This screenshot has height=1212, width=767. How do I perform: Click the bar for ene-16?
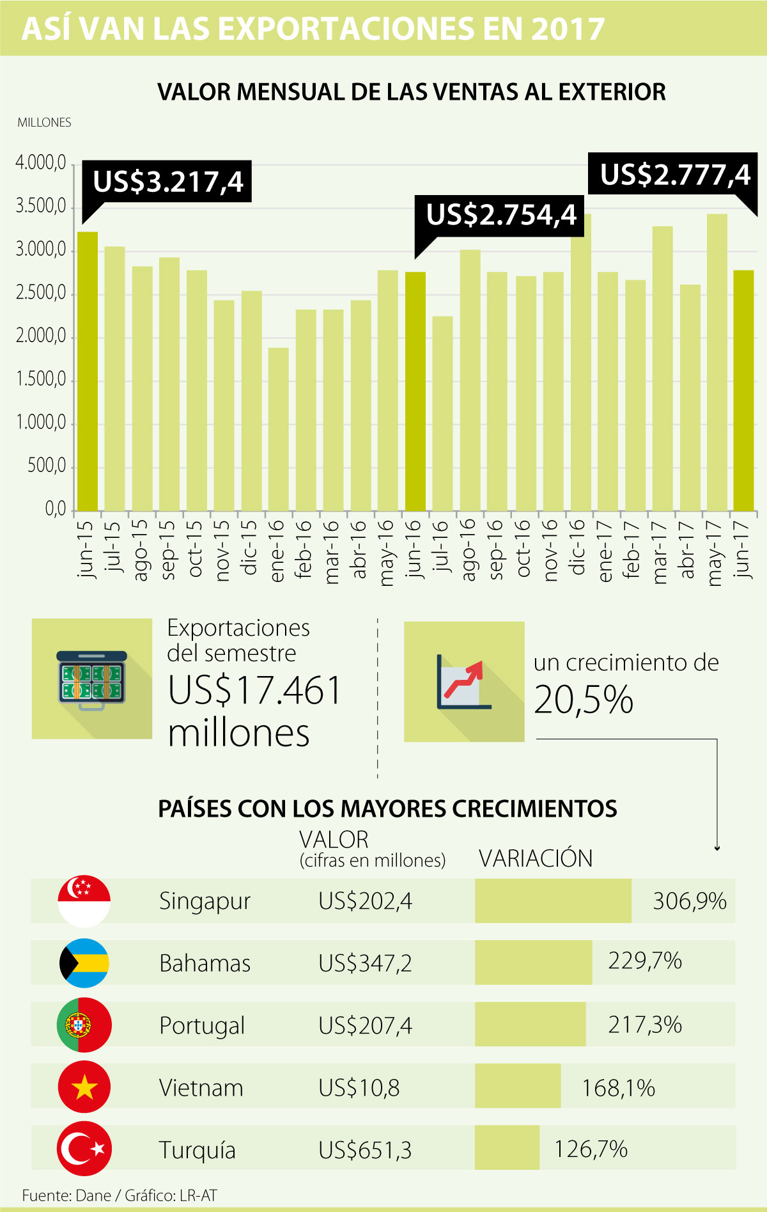[279, 429]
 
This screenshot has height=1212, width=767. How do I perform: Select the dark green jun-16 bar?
[415, 391]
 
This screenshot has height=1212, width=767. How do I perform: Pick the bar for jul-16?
[442, 413]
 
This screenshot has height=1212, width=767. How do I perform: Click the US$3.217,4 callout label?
[167, 182]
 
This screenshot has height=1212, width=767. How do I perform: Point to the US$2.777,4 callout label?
[674, 175]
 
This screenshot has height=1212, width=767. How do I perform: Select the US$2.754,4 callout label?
[501, 215]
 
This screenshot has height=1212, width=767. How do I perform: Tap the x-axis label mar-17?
[661, 551]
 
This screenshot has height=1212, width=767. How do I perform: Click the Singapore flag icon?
[84, 901]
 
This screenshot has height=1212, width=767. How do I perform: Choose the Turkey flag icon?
[84, 1149]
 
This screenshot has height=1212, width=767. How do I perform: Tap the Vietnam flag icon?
[84, 1087]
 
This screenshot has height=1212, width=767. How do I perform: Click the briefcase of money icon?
[92, 679]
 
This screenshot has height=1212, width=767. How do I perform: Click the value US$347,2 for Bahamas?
[365, 963]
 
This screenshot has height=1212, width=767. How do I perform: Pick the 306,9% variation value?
[689, 901]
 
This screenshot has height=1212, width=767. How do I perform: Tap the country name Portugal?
[202, 1025]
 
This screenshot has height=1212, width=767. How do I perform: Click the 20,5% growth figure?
[583, 700]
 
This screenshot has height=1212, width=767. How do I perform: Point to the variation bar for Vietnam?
[518, 1086]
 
